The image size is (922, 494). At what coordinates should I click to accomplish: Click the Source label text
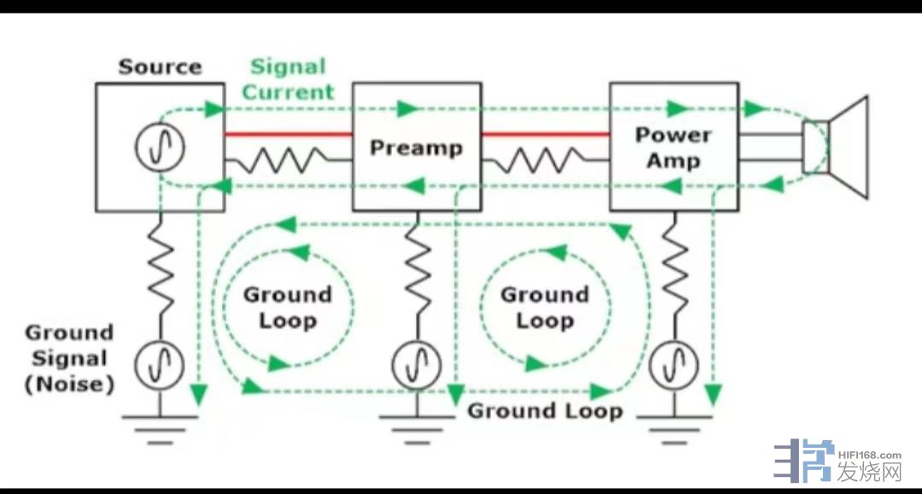coord(160,67)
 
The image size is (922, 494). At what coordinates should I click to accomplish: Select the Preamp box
coord(417,147)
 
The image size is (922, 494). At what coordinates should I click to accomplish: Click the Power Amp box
coord(674,147)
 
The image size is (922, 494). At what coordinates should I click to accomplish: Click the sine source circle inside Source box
coord(160,147)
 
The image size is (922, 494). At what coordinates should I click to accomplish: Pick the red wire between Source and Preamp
coord(289,134)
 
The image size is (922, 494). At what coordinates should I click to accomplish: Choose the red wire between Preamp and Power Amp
coord(545,134)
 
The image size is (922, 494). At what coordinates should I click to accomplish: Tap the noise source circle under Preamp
coord(417,366)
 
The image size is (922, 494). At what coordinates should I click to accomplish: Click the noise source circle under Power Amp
coord(674,366)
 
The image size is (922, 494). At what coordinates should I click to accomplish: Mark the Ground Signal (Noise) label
coord(69,359)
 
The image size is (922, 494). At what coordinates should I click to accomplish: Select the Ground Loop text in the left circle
coord(288,308)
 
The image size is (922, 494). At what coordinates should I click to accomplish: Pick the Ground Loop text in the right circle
coord(545,308)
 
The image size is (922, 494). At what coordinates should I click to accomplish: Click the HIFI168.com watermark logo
coord(837,462)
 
